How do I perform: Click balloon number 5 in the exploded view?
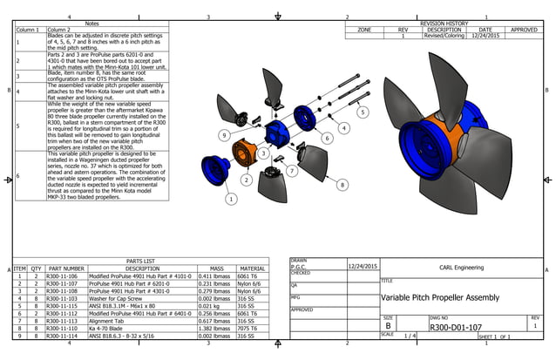(x=363, y=112)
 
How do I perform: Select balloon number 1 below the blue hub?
(x=231, y=199)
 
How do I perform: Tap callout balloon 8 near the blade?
(x=342, y=185)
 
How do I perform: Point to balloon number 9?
(x=224, y=135)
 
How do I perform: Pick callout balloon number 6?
(x=327, y=138)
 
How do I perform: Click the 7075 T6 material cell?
(x=253, y=327)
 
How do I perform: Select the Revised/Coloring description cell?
(x=443, y=37)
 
